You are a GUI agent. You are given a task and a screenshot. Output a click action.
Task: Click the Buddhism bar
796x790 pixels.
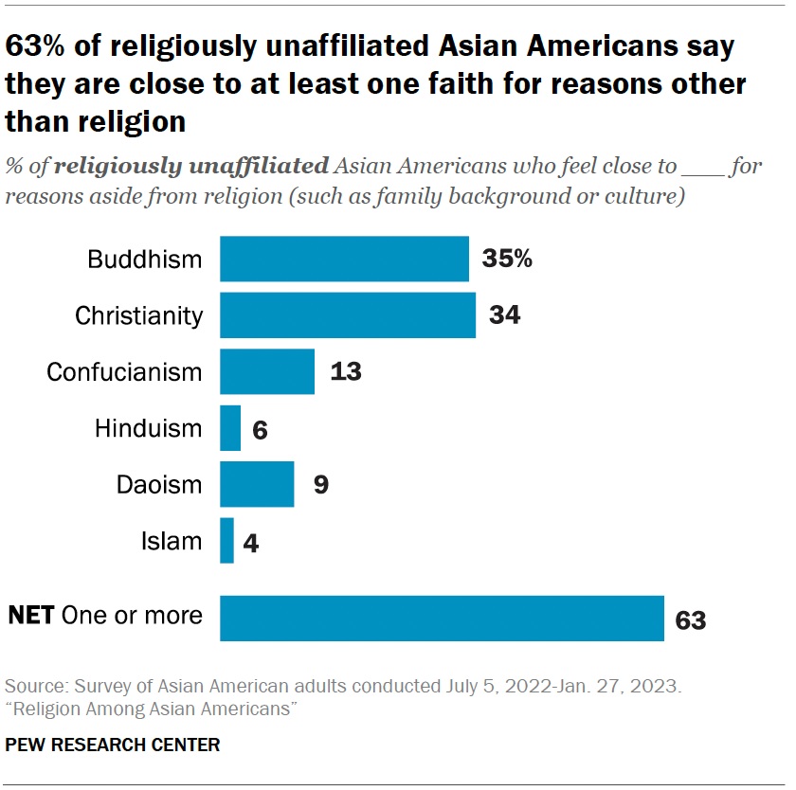point(344,259)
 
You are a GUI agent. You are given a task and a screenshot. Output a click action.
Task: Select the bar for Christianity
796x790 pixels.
point(348,315)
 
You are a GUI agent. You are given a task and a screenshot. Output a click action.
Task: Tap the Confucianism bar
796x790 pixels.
point(267,371)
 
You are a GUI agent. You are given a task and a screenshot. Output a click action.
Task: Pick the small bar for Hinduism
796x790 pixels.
point(230,428)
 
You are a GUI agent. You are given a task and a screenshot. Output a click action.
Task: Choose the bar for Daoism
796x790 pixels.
point(257,485)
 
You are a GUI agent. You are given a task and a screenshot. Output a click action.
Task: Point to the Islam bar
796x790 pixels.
point(226,541)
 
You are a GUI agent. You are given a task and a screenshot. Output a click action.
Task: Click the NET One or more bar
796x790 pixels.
point(442,618)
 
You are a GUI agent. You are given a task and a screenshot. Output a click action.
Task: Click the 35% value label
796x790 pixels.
point(507,259)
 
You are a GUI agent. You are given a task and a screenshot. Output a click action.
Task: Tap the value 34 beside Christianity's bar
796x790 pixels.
point(505,315)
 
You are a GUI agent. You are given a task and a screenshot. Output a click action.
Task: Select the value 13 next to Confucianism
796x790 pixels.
point(346,371)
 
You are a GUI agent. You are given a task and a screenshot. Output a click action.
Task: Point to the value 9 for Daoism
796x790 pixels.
point(321,485)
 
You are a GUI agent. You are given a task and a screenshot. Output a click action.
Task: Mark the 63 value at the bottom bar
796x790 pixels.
point(691,620)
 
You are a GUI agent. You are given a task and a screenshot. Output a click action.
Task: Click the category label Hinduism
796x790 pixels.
point(148,428)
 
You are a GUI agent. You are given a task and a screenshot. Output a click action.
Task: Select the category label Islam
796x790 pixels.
point(172,541)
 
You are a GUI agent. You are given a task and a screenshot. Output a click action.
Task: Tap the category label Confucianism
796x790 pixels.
point(124,371)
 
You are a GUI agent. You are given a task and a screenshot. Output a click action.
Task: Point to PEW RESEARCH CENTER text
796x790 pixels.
point(113,745)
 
